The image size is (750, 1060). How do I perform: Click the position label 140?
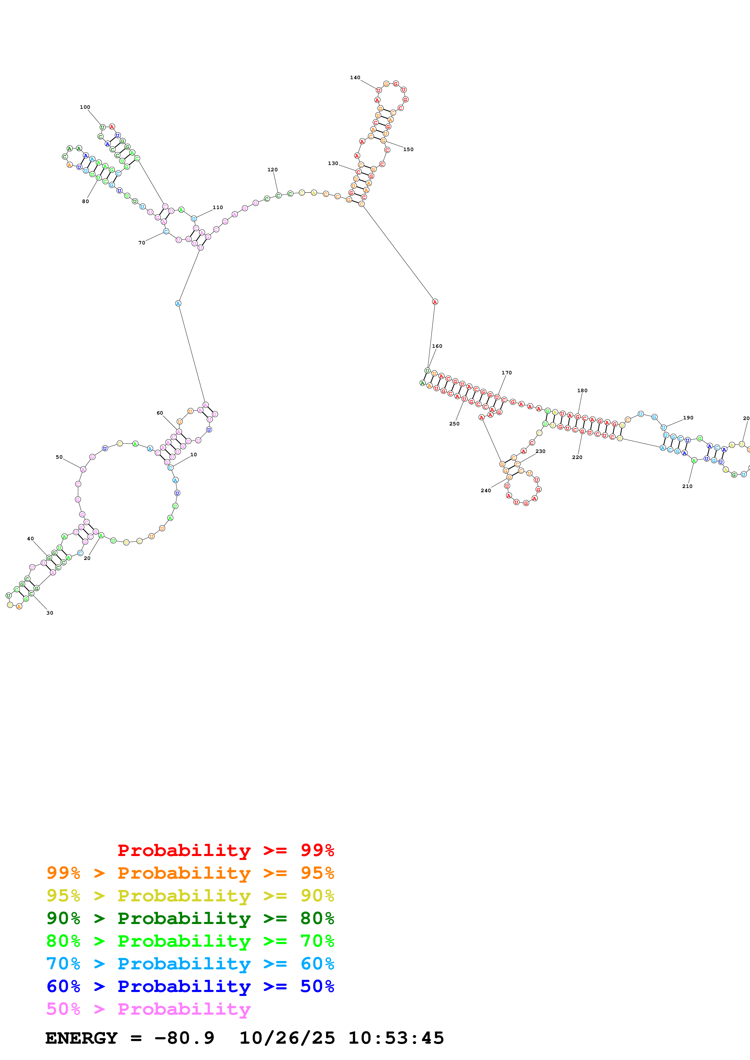point(355,78)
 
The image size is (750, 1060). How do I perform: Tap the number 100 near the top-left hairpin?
point(85,107)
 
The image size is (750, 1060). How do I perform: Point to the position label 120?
point(273,170)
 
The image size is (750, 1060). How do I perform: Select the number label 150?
point(408,149)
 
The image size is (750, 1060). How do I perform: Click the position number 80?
point(86,201)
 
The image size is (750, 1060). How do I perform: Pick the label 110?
point(218,207)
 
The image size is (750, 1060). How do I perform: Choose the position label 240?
point(486,490)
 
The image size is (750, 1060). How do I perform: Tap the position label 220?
point(577,457)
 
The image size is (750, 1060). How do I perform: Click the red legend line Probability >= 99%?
point(225,850)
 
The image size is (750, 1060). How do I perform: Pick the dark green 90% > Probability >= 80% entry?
point(190,918)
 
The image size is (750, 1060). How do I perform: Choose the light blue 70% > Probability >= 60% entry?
point(190,964)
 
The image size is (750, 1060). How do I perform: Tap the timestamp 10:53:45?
point(396,1038)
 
